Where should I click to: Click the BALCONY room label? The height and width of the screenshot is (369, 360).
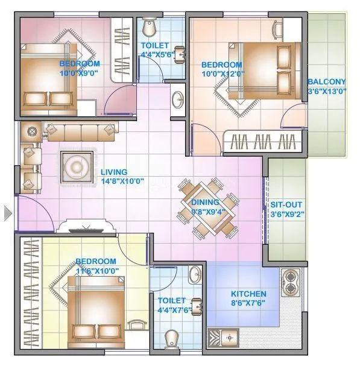(x=326, y=82)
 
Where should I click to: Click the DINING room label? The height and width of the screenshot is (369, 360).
(x=206, y=203)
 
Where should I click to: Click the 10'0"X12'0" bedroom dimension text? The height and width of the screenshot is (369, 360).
(x=221, y=74)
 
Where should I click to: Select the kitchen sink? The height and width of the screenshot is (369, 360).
(x=229, y=338)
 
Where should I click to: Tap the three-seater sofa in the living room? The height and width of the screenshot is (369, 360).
(x=79, y=131)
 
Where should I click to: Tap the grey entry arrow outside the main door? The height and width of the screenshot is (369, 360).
(x=7, y=213)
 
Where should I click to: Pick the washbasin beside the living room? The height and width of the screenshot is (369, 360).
(x=178, y=100)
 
